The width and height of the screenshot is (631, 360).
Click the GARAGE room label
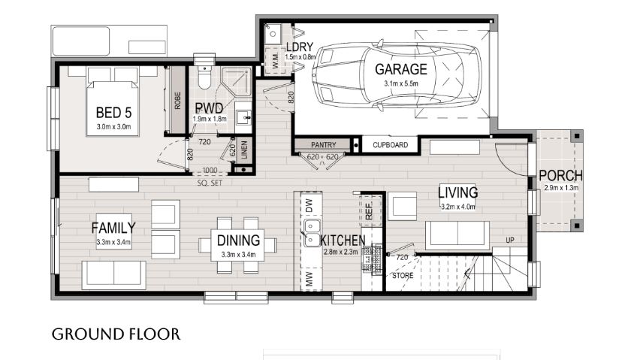click(401, 69)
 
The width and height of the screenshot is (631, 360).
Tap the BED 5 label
click(113, 112)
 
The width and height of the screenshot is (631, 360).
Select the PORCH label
click(560, 176)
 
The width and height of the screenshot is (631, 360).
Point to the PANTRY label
click(323, 145)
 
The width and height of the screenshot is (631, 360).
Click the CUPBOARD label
click(390, 145)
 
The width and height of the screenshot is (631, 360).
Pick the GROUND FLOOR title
click(116, 334)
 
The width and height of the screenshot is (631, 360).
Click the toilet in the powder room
click(204, 77)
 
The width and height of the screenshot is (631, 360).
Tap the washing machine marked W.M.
click(276, 61)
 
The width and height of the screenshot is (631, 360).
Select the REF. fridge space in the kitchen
click(370, 210)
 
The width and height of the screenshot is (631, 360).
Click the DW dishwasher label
click(309, 205)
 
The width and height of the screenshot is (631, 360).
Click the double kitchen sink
click(312, 233)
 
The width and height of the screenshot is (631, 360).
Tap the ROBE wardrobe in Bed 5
click(177, 100)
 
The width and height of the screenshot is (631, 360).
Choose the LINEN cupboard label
click(244, 150)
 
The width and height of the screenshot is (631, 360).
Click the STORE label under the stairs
click(403, 276)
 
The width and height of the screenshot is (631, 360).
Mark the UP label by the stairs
click(510, 241)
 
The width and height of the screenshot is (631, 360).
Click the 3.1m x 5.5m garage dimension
click(401, 83)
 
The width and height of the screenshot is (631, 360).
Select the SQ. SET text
click(210, 183)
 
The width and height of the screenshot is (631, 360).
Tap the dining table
click(238, 245)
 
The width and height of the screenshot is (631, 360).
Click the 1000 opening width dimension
click(210, 171)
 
